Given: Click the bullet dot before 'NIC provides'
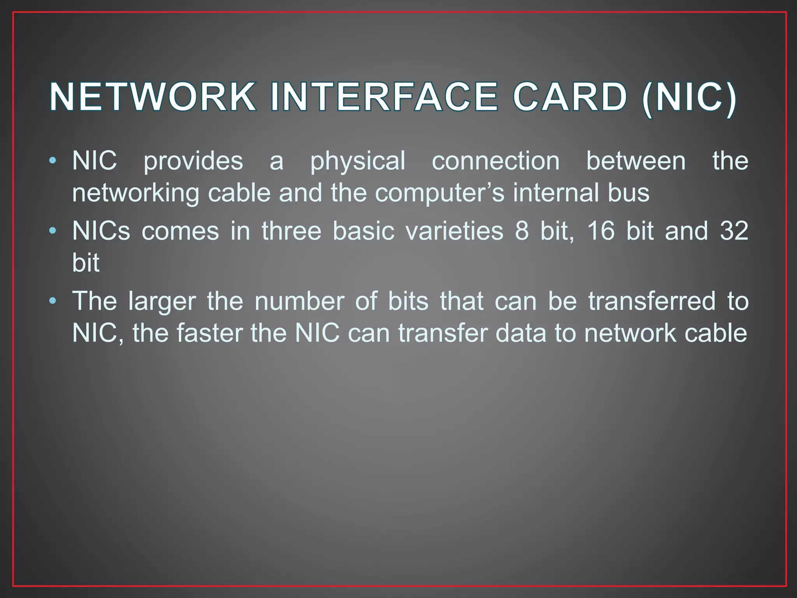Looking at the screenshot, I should tap(53, 160).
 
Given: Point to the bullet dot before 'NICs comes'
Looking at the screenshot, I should tap(53, 231).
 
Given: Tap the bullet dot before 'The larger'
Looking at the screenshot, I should tap(53, 301).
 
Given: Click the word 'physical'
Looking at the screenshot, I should tap(358, 162).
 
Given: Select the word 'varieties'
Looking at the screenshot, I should tap(454, 231).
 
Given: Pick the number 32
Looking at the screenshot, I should tap(734, 231).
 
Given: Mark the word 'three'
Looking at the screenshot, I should tap(291, 231).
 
